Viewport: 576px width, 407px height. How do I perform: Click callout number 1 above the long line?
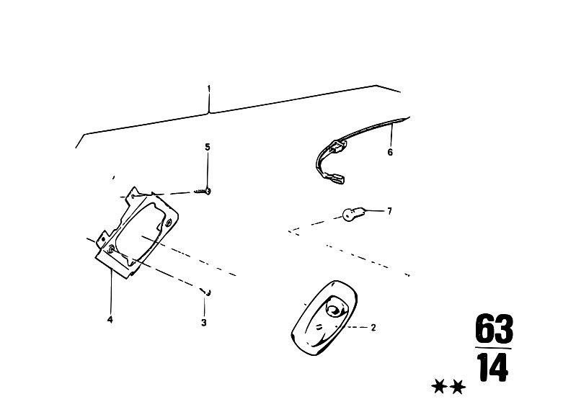click(208, 89)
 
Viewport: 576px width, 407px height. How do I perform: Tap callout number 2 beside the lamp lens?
click(373, 327)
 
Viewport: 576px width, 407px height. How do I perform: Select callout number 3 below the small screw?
click(204, 323)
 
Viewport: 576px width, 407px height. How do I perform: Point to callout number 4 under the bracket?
click(110, 320)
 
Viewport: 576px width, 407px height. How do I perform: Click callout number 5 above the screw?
click(208, 147)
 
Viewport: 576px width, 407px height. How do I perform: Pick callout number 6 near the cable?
click(390, 151)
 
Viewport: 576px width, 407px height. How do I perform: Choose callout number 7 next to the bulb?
click(389, 211)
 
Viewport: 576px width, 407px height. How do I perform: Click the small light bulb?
click(353, 214)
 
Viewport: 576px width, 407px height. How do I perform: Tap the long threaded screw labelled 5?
click(203, 191)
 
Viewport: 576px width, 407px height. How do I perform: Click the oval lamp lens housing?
click(324, 318)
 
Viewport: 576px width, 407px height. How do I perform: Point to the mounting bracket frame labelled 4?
click(137, 232)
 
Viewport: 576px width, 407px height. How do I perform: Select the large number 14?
click(494, 367)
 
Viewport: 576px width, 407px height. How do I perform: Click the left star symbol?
click(438, 387)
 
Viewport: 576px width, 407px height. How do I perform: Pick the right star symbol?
click(458, 387)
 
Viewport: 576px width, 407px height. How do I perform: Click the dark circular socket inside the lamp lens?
click(334, 310)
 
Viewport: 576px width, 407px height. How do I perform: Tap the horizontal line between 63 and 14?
click(493, 348)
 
